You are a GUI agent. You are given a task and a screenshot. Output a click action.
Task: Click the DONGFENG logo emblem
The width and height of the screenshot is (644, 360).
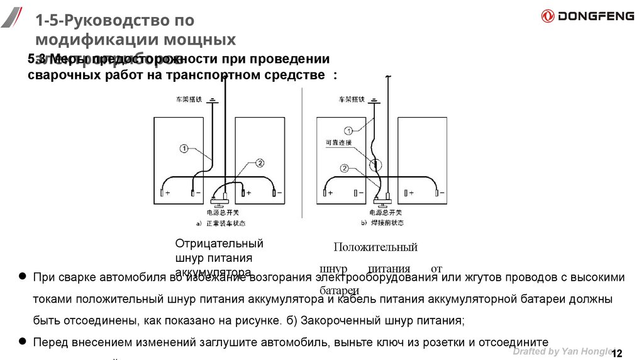pyautogui.click(x=548, y=16)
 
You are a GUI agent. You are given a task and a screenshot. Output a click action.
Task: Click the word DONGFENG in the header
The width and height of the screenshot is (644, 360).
pyautogui.click(x=596, y=16)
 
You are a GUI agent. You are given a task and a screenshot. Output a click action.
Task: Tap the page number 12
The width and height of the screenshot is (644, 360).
pyautogui.click(x=616, y=352)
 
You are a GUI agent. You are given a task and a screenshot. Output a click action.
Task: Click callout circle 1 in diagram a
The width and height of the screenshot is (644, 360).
pyautogui.click(x=184, y=149)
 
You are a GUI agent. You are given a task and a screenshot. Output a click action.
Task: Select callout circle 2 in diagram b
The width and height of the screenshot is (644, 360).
pyautogui.click(x=344, y=168)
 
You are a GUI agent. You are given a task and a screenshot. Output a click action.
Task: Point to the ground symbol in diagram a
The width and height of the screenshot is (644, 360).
pyautogui.click(x=214, y=99)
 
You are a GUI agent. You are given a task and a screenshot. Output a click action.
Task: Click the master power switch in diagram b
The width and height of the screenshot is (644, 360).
pyautogui.click(x=381, y=202)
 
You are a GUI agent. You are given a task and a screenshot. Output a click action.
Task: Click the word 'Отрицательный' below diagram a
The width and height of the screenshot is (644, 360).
pyautogui.click(x=219, y=244)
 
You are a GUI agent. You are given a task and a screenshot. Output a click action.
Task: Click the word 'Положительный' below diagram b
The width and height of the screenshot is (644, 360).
pyautogui.click(x=375, y=247)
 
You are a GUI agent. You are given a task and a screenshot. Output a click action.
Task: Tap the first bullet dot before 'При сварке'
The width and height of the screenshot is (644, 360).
pyautogui.click(x=23, y=276)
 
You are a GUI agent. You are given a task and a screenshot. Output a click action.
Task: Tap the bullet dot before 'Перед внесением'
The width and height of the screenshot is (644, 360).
pyautogui.click(x=23, y=340)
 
